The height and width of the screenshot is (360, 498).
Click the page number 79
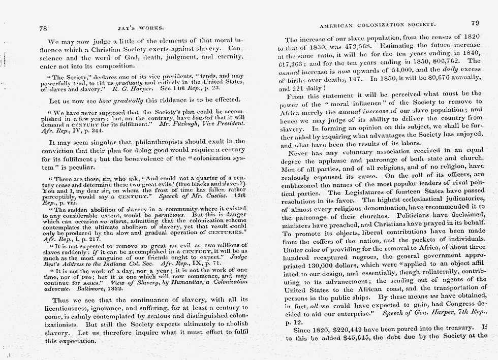[475, 23]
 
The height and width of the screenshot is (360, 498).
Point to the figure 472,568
[347, 47]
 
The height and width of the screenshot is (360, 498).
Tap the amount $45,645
[354, 336]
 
